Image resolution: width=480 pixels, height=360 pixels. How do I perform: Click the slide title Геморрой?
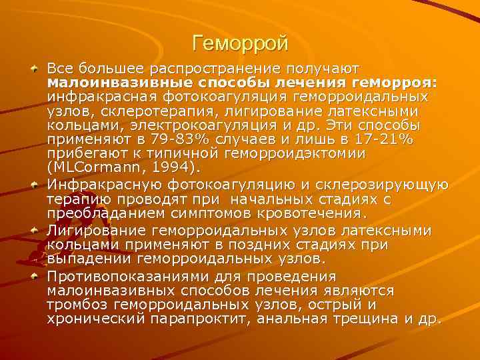[x=239, y=44]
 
